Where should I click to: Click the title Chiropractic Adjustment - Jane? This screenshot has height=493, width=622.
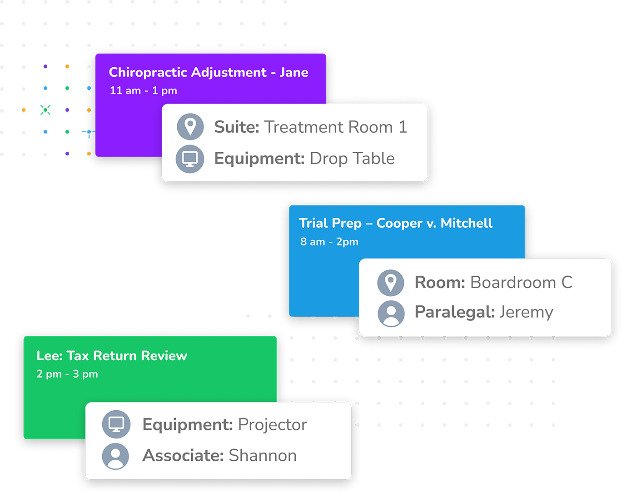pos(209,73)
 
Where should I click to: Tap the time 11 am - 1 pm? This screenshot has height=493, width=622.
pos(143,90)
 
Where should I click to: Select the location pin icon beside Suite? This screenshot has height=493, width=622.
pos(190,126)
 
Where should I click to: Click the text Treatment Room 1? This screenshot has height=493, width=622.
pos(336,127)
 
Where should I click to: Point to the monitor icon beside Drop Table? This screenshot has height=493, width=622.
pos(189,159)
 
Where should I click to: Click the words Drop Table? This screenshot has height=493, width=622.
pos(352,159)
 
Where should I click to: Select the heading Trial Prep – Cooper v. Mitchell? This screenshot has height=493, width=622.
pos(395,223)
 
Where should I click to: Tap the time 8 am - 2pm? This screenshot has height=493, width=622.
pos(329,242)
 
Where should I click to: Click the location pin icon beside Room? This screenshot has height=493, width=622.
pos(390,283)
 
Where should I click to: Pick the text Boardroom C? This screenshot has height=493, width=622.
pos(521,283)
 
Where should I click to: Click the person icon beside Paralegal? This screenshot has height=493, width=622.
pos(391,313)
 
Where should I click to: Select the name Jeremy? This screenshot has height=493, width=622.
pos(526,312)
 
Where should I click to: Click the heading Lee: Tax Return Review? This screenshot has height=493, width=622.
pos(112,356)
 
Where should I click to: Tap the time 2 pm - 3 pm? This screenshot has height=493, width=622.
pos(67,374)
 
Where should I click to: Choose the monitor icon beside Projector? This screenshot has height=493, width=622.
pos(116,424)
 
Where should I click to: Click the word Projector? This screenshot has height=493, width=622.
pos(272,425)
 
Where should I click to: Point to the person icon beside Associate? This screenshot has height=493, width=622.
pos(116,456)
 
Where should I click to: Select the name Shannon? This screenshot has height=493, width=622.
pos(263,456)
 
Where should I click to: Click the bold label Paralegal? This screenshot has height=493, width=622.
pos(454,312)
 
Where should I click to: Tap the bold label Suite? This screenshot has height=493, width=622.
pos(236,127)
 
